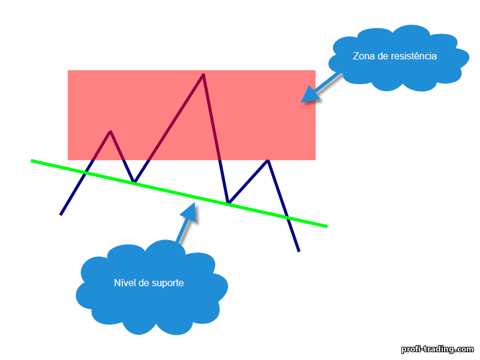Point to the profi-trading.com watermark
437,349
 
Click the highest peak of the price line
203,74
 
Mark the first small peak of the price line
110,131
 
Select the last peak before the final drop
268,160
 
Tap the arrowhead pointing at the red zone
309,95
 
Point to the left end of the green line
31,160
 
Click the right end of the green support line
326,227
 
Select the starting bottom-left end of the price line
61,215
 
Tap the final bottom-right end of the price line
299,251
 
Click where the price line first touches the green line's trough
134,182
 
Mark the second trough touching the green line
229,203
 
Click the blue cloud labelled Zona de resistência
398,58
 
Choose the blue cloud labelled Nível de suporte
152,288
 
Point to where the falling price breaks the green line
287,218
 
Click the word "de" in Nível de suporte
143,283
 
